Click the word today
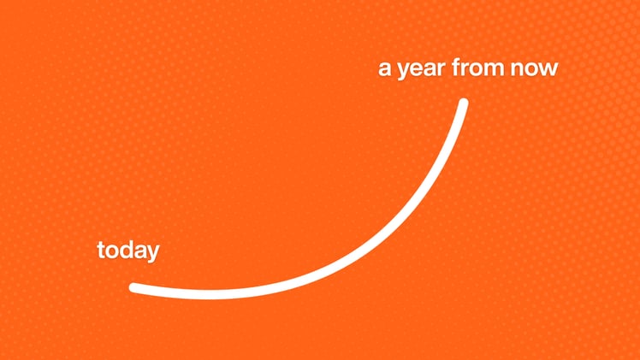[127, 251]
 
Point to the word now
[535, 69]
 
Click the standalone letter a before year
[385, 69]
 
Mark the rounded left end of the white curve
[134, 287]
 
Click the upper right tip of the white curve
[464, 103]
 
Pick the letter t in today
[101, 251]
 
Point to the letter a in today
[139, 251]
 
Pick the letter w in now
[548, 69]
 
